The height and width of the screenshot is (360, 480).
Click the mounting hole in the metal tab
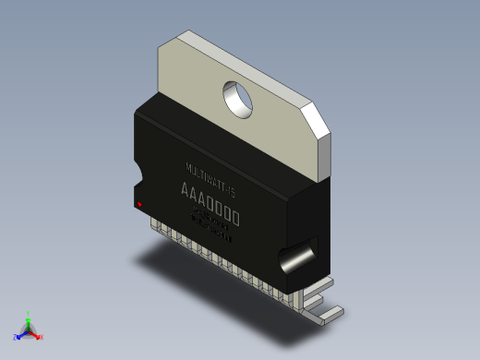pos(239,98)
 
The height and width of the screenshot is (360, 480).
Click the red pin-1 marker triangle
pos(139,204)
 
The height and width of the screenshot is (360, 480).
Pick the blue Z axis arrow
pos(20,335)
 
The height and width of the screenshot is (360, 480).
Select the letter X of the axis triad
pos(42,337)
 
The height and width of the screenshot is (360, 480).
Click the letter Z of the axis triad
pos(15,338)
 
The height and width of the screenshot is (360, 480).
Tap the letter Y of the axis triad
pos(29,313)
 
